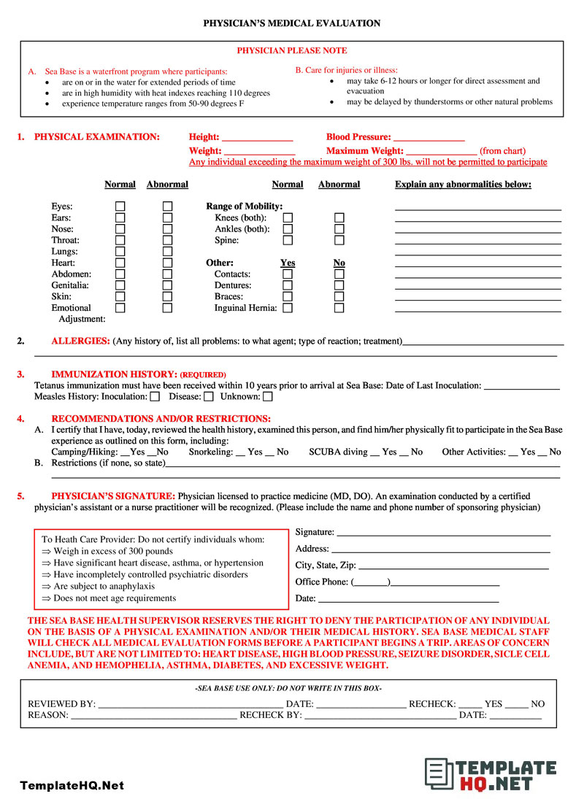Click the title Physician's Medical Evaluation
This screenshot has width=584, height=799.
[291, 23]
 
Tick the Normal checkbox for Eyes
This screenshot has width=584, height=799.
[120, 206]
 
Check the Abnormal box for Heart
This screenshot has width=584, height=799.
[167, 263]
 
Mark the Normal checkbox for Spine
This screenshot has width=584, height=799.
[288, 240]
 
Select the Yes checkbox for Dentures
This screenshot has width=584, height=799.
[288, 285]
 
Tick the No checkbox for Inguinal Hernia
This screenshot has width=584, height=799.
[339, 308]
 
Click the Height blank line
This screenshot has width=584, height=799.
[257, 138]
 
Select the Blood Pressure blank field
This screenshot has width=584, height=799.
[429, 138]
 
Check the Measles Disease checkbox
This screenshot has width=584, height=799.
[209, 397]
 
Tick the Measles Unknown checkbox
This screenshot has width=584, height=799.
[268, 397]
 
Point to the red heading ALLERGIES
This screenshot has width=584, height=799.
[81, 341]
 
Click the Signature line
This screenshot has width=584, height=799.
[443, 533]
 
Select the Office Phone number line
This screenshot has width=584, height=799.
[445, 583]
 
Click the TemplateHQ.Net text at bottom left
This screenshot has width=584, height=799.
[72, 786]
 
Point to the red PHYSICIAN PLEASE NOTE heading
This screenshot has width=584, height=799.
[292, 51]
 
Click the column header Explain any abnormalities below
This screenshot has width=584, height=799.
[463, 185]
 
